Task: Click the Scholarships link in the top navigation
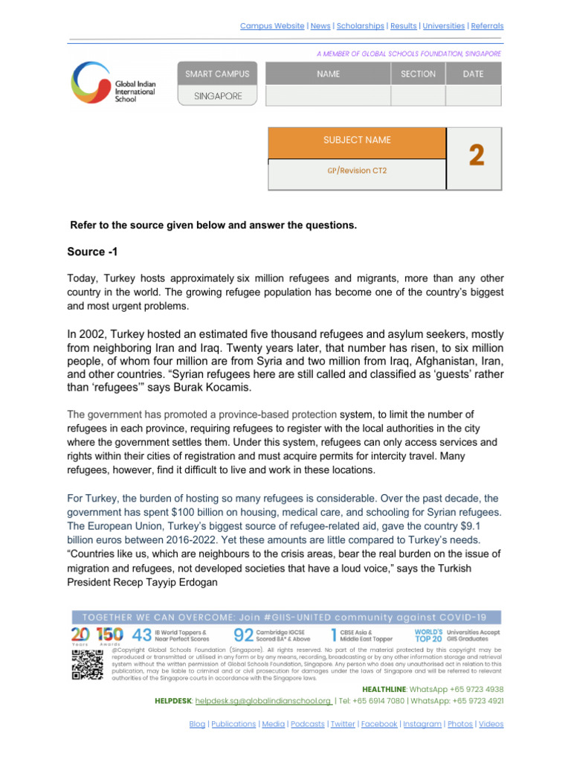(x=360, y=25)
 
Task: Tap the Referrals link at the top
(x=485, y=25)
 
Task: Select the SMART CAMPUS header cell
(x=217, y=74)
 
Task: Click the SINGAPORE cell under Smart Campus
(x=217, y=96)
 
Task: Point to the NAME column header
(x=328, y=74)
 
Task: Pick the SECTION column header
(x=418, y=74)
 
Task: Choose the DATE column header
(x=473, y=74)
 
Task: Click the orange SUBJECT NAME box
(x=357, y=141)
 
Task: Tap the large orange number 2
(x=476, y=156)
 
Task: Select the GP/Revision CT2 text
(x=357, y=170)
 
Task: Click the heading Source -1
(x=93, y=251)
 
